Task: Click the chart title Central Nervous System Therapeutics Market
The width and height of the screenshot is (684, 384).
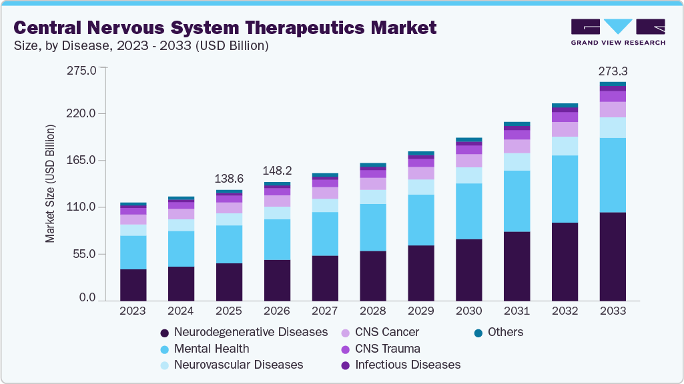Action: click(x=225, y=27)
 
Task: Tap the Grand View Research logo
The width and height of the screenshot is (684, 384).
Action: click(x=617, y=31)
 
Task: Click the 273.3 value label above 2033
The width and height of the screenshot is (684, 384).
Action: click(x=613, y=71)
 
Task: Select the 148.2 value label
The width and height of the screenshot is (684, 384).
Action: click(x=277, y=171)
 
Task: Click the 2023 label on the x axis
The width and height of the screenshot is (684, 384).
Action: click(x=133, y=311)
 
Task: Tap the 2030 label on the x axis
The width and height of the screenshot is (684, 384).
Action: click(x=468, y=311)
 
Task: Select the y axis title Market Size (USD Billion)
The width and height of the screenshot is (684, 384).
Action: click(x=51, y=183)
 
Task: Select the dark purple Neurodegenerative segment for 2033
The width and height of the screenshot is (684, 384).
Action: click(x=613, y=257)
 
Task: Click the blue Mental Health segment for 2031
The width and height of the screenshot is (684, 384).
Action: click(x=517, y=201)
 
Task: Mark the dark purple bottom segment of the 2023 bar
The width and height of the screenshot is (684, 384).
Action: click(x=133, y=285)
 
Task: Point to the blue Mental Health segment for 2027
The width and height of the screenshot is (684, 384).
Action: click(x=325, y=233)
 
